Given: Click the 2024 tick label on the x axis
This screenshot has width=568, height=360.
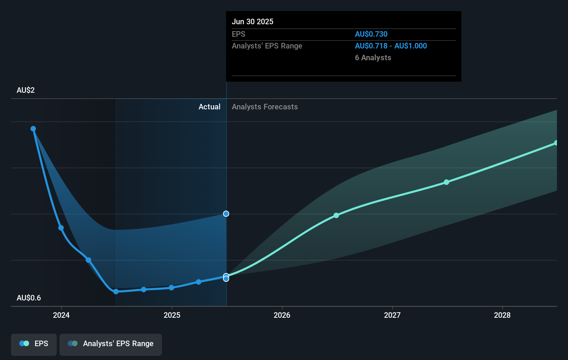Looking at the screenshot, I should tap(61, 315).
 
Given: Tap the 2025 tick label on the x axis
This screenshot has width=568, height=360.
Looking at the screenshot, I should tap(172, 315).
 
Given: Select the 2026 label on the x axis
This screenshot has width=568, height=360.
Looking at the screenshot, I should tap(282, 315).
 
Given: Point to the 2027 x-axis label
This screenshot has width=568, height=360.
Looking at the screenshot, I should tap(392, 315).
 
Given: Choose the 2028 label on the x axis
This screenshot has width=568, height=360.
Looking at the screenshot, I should tap(502, 315).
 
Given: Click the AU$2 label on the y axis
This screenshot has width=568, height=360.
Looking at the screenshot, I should tap(26, 90).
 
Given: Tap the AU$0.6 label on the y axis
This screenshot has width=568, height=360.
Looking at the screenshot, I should tap(29, 298).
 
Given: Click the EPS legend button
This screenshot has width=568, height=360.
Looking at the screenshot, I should tap(34, 344).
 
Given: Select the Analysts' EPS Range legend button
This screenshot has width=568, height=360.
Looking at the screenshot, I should tap(111, 344).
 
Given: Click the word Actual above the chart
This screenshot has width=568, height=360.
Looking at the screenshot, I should tap(209, 107).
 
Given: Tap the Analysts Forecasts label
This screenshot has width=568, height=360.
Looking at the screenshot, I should tap(265, 107).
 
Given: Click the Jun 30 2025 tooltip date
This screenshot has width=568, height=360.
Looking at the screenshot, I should tap(253, 21).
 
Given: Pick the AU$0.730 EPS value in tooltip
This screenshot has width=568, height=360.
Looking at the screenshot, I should tap(371, 34).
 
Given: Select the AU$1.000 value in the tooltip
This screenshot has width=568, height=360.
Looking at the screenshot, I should tap(411, 46).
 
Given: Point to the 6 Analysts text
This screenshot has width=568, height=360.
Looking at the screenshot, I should tap(373, 58).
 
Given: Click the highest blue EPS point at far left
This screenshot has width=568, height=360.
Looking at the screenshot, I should tap(33, 129).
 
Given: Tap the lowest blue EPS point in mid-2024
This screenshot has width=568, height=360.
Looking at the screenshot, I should tap(116, 291).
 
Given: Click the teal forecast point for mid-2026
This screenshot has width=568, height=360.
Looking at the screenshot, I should tap(336, 215).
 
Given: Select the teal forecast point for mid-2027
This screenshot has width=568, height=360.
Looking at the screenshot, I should tap(446, 182).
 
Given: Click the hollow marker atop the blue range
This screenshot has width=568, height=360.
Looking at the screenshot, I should tap(226, 214).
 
